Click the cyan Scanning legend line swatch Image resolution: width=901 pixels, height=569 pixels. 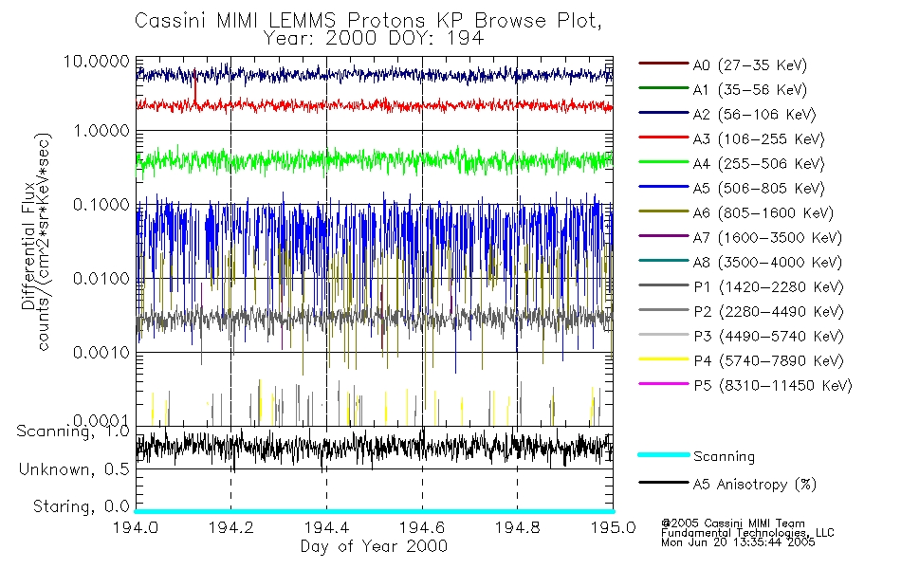click(663, 456)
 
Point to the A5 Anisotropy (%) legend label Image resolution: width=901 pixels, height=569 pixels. click(754, 485)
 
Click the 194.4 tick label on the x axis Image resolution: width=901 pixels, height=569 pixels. click(326, 526)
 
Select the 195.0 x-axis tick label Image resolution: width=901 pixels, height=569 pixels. click(612, 526)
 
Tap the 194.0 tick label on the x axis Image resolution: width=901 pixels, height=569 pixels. click(137, 526)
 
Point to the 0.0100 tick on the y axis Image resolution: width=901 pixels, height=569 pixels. click(104, 279)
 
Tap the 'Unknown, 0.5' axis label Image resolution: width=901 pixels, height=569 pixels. click(75, 469)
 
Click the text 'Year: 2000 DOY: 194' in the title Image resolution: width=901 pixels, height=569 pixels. click(374, 39)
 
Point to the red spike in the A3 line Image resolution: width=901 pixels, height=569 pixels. click(194, 90)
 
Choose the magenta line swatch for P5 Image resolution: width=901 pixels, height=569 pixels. click(663, 386)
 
